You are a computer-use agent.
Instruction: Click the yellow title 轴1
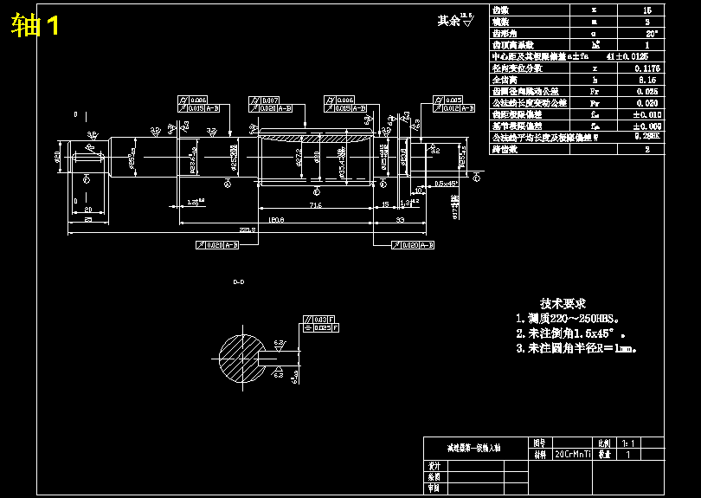(35, 25)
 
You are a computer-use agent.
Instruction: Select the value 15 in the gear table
(646, 10)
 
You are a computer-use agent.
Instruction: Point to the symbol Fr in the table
(594, 91)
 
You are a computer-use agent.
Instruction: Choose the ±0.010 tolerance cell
(646, 114)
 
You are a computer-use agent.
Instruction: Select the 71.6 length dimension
(315, 204)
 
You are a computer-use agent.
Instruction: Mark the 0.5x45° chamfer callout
(446, 184)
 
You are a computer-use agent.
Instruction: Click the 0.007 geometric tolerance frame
(269, 100)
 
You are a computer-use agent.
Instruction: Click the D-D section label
(239, 282)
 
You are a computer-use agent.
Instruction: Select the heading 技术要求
(563, 304)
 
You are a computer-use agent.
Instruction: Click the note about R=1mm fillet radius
(576, 348)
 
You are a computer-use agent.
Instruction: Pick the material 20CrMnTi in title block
(573, 454)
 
